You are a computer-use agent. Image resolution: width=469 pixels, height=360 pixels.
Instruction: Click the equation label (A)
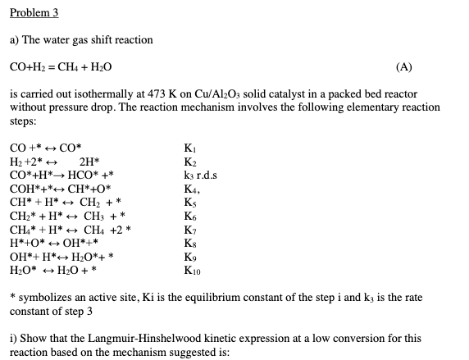[x=404, y=67]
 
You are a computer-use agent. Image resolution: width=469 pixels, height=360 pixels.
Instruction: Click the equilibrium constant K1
[x=192, y=149]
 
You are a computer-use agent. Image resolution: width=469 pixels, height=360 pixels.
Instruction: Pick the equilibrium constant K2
[x=192, y=162]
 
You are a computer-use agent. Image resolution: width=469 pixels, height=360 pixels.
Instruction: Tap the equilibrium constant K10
[x=194, y=268]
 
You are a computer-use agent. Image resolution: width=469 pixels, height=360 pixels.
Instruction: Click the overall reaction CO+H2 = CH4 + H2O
[x=61, y=67]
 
